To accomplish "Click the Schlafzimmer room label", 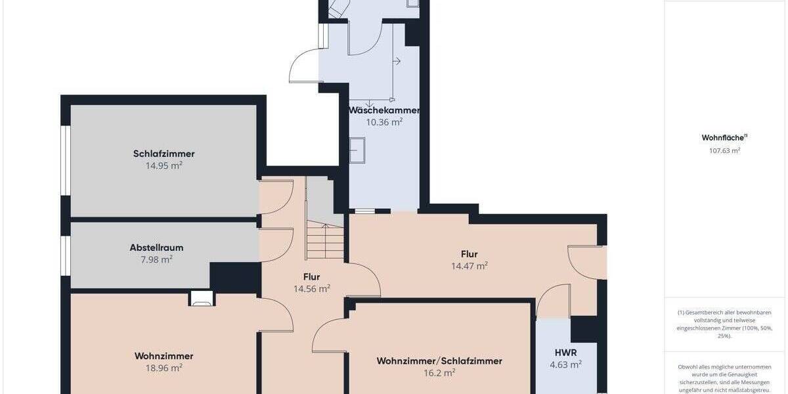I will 164,154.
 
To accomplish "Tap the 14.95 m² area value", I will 164,166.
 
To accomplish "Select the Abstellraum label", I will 156,248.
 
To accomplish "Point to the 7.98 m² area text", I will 156,260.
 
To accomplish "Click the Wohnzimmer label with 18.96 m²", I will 164,356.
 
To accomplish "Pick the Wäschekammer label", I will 384,110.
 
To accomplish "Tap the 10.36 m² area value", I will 384,121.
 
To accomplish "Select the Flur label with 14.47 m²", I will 469,254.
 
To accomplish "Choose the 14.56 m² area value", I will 311,288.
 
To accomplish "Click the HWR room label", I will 566,353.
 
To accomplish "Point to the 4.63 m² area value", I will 566,364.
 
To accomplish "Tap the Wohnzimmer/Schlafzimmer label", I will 439,361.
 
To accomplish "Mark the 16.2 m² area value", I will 439,373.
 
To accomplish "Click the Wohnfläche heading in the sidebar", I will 722,138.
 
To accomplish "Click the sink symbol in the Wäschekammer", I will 357,150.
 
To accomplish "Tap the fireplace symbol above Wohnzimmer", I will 201,299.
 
